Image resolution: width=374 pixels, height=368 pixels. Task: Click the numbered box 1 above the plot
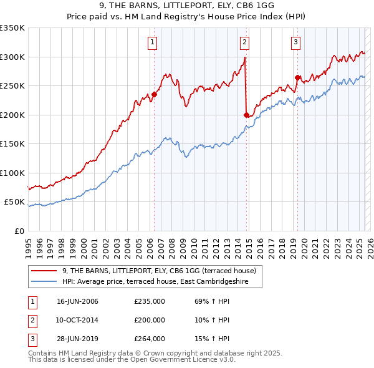point(153,42)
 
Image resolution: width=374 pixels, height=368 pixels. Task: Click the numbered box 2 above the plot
point(244,42)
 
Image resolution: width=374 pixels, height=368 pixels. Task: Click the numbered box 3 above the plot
point(295,42)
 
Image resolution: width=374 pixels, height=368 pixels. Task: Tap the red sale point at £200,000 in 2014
point(246,115)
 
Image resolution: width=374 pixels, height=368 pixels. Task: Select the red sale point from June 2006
point(154,95)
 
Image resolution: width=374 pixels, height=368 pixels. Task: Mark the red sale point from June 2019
point(298,78)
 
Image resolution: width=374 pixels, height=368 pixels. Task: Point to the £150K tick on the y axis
point(12,144)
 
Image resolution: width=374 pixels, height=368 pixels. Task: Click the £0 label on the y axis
point(19,231)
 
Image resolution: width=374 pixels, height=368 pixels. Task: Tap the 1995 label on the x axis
point(29,243)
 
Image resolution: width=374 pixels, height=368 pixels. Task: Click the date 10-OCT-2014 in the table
point(77,319)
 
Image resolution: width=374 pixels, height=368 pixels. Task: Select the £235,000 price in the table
point(149,301)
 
